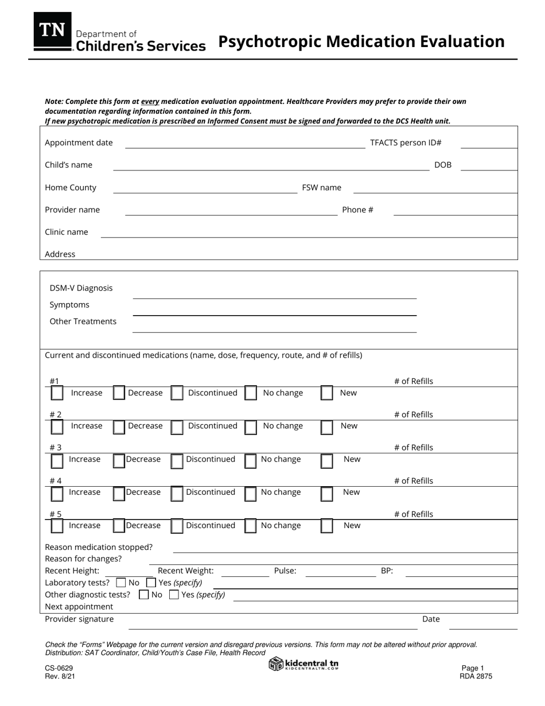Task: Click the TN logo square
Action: click(x=53, y=31)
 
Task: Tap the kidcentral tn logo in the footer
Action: click(x=304, y=664)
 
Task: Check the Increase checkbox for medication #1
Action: click(x=57, y=393)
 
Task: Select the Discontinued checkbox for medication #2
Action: click(x=177, y=426)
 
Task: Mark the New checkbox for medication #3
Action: click(x=326, y=460)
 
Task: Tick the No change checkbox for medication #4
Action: click(x=251, y=493)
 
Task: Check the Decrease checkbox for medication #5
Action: click(x=119, y=526)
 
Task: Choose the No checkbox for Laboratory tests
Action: click(x=120, y=583)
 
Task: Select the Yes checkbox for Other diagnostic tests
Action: click(x=174, y=595)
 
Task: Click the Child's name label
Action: click(x=68, y=165)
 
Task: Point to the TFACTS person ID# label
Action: click(x=406, y=143)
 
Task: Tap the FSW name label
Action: click(x=321, y=188)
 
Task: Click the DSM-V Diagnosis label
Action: click(x=81, y=288)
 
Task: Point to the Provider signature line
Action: click(x=272, y=627)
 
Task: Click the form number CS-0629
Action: click(x=59, y=669)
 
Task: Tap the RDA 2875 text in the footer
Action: click(x=476, y=676)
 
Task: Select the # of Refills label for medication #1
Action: click(x=413, y=382)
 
